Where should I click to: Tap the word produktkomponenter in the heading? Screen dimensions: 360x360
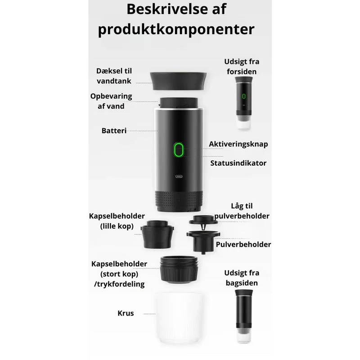pyautogui.click(x=176, y=30)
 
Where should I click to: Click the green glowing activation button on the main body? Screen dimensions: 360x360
pyautogui.click(x=179, y=150)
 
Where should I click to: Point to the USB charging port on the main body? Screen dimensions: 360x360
pyautogui.click(x=179, y=176)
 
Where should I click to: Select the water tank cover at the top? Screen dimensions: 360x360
pyautogui.click(x=178, y=81)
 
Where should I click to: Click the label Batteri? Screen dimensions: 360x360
pyautogui.click(x=114, y=130)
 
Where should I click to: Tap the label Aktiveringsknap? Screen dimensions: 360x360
pyautogui.click(x=238, y=144)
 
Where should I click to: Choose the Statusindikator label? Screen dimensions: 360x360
pyautogui.click(x=238, y=163)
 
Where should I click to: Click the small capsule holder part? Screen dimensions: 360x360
pyautogui.click(x=157, y=234)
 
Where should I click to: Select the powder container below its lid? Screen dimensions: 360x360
pyautogui.click(x=203, y=242)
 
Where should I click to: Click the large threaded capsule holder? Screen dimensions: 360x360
pyautogui.click(x=179, y=269)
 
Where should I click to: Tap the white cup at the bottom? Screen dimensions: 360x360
pyautogui.click(x=179, y=318)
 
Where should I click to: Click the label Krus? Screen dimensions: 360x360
pyautogui.click(x=126, y=313)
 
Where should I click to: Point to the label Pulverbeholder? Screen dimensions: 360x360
pyautogui.click(x=243, y=244)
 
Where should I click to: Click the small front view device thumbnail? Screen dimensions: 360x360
pyautogui.click(x=244, y=103)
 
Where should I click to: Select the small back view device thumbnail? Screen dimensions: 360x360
pyautogui.click(x=244, y=316)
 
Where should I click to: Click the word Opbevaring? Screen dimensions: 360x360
pyautogui.click(x=111, y=96)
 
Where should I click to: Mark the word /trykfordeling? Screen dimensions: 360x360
pyautogui.click(x=119, y=284)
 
